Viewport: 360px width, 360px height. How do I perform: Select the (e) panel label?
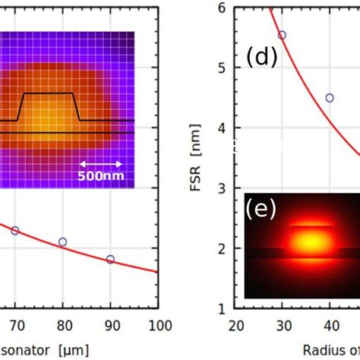tap(261, 209)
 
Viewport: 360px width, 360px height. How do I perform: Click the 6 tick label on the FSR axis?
tap(222, 8)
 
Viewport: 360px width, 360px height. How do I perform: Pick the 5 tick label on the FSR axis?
tap(222, 68)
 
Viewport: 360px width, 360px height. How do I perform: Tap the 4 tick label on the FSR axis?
tap(222, 128)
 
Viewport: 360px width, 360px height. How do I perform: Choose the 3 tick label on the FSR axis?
tap(222, 188)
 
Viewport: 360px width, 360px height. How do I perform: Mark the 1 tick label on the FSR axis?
tap(222, 308)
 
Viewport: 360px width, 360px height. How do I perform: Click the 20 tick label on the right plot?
tap(236, 326)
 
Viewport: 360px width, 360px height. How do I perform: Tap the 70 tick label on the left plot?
tap(14, 326)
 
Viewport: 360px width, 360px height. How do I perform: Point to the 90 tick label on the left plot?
tap(110, 326)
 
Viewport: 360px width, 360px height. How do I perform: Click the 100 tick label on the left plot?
tap(157, 326)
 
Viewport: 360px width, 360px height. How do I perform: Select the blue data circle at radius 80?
tap(62, 242)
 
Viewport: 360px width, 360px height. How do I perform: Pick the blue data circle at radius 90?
tap(110, 259)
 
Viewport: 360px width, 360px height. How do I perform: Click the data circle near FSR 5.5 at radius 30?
tap(282, 35)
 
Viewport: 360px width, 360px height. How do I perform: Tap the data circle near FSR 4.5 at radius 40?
tap(330, 98)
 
